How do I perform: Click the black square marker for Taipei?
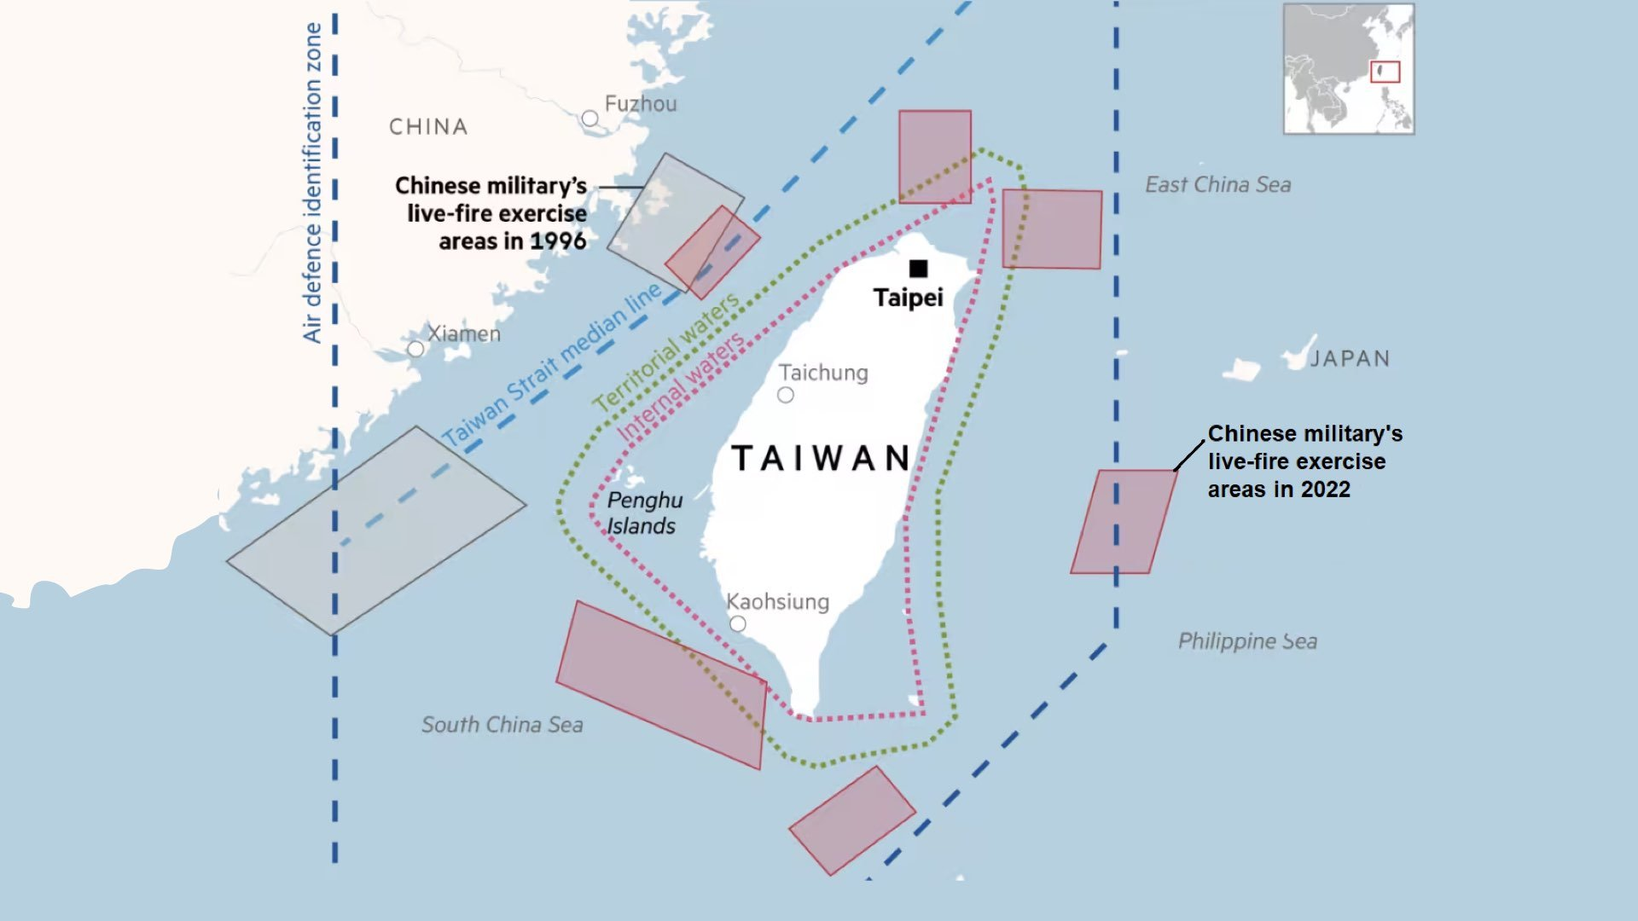click(x=918, y=269)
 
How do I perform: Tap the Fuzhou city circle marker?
click(x=590, y=119)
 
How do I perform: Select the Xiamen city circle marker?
click(x=415, y=349)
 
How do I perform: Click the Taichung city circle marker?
click(x=786, y=395)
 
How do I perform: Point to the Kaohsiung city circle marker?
click(x=738, y=624)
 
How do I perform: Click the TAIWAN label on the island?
click(x=821, y=458)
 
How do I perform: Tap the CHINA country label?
click(x=428, y=127)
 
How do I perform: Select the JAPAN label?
click(x=1350, y=358)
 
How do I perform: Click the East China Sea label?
click(x=1217, y=185)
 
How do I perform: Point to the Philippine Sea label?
click(x=1247, y=641)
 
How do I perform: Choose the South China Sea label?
click(x=502, y=725)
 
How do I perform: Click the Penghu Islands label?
click(x=644, y=513)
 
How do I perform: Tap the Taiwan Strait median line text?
click(x=551, y=365)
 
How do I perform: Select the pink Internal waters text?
click(x=680, y=387)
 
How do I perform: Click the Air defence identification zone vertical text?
click(x=312, y=183)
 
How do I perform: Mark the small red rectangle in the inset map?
click(x=1385, y=72)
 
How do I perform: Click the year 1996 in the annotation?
click(x=558, y=241)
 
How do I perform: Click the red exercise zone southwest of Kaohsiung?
click(x=661, y=685)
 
